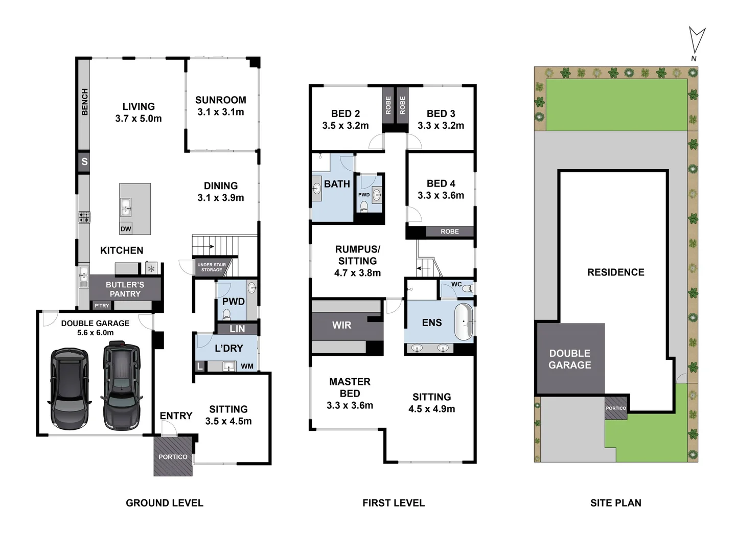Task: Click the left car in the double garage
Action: tap(70, 388)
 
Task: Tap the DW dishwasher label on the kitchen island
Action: tap(126, 228)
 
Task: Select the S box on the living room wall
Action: tap(84, 162)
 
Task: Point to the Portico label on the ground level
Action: tap(173, 457)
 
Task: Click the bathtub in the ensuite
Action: tap(464, 322)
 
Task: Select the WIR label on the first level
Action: tap(341, 325)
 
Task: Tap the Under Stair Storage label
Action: tap(212, 267)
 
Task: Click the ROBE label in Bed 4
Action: tap(450, 232)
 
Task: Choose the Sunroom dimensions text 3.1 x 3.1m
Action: tap(221, 112)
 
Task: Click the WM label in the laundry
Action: tap(247, 366)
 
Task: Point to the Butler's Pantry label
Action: tap(125, 289)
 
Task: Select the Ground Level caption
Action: tap(165, 503)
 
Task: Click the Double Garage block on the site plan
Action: tap(570, 359)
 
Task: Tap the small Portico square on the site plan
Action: tap(616, 408)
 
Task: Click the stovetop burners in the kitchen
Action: tap(84, 217)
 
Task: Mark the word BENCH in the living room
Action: tap(84, 102)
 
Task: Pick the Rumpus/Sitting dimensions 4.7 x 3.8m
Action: tap(357, 273)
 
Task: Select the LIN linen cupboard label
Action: tap(237, 329)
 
